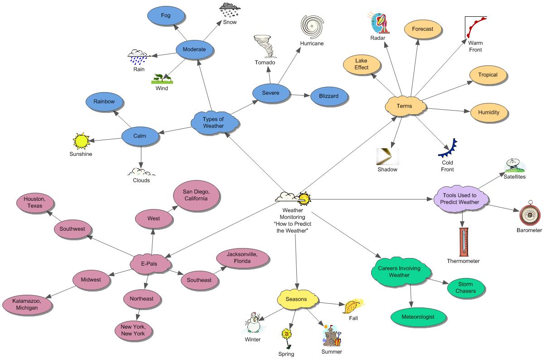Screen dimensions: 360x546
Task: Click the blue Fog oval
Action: (x=166, y=16)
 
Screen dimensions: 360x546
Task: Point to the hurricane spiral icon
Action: (x=312, y=26)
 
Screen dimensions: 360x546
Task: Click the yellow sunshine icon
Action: (x=81, y=141)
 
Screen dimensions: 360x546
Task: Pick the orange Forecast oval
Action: (x=422, y=29)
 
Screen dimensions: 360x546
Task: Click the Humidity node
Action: (x=488, y=112)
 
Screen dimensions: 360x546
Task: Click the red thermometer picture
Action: (x=463, y=242)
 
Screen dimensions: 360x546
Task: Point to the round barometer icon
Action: (x=528, y=215)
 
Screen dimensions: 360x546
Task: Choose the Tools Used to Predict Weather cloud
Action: (x=461, y=199)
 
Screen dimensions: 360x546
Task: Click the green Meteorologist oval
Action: (x=418, y=317)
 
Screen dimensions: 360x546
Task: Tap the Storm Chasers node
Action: (x=466, y=287)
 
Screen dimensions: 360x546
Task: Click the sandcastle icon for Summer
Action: (x=331, y=336)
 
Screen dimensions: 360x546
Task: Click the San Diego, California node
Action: (x=195, y=195)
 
